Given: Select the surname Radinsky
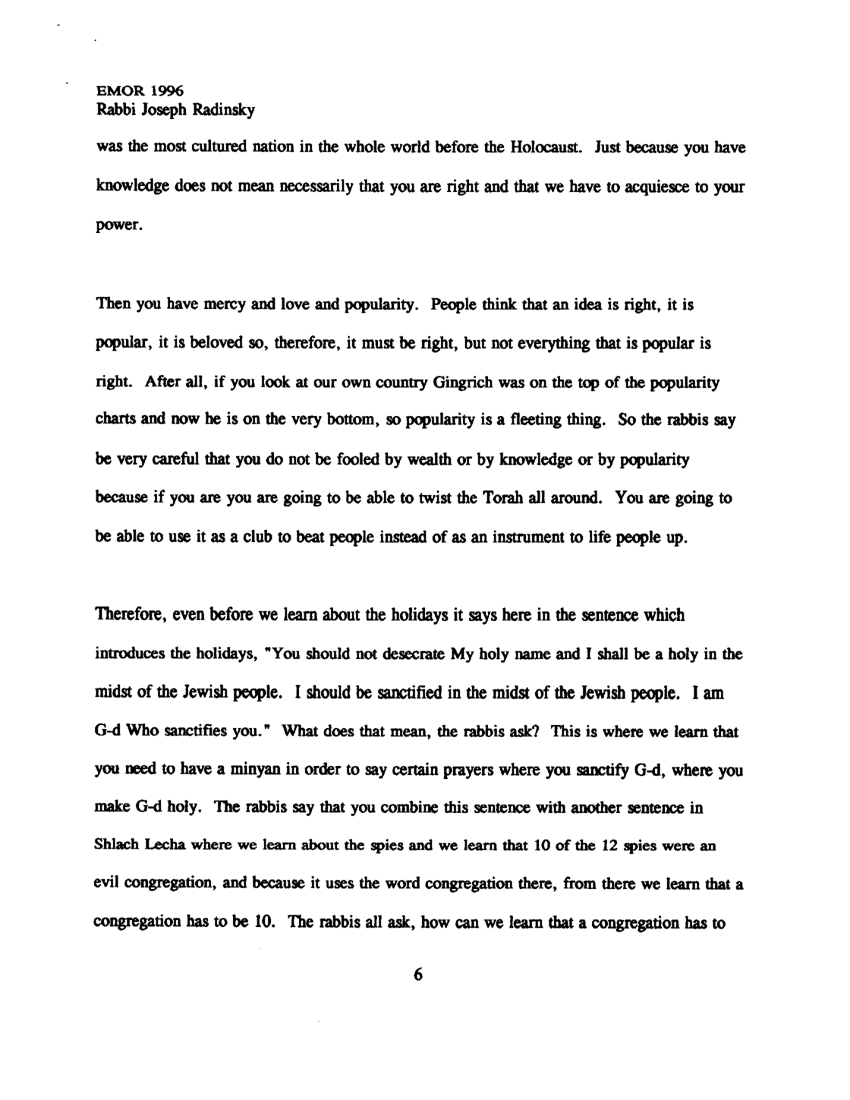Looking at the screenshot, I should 223,111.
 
